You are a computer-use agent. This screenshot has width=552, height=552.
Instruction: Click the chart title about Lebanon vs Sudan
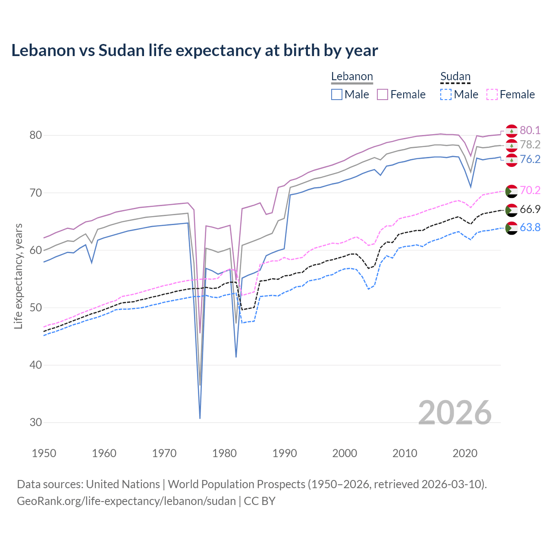click(194, 50)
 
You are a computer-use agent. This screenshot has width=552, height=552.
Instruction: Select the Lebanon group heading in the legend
click(352, 76)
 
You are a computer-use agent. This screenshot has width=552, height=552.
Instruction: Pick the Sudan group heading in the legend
click(455, 76)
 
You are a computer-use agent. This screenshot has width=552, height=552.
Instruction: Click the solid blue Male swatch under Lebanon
click(337, 94)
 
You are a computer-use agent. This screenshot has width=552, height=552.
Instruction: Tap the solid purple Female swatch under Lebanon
click(383, 94)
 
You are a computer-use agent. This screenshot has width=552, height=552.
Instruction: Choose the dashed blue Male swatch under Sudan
click(446, 94)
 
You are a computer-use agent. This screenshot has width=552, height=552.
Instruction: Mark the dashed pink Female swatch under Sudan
click(492, 94)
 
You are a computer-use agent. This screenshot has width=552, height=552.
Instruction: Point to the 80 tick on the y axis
click(36, 135)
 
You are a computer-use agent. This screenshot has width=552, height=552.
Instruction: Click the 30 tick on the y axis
click(36, 422)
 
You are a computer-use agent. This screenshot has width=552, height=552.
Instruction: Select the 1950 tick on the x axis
click(44, 453)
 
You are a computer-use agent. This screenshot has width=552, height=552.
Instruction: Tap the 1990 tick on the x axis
click(285, 453)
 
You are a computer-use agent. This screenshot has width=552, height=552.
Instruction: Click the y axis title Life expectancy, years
click(18, 276)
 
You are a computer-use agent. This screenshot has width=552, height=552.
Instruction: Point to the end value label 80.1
click(530, 130)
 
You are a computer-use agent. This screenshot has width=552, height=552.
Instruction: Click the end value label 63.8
click(530, 227)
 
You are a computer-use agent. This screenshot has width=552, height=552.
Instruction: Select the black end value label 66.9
click(530, 210)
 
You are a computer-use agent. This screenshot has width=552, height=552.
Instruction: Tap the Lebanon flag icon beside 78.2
click(511, 145)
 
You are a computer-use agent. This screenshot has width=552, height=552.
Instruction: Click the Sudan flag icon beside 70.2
click(511, 191)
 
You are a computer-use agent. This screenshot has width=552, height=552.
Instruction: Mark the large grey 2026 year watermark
click(455, 413)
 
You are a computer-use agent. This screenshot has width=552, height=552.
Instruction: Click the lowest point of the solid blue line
click(200, 418)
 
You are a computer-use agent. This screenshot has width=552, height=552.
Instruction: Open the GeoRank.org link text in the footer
click(126, 501)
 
